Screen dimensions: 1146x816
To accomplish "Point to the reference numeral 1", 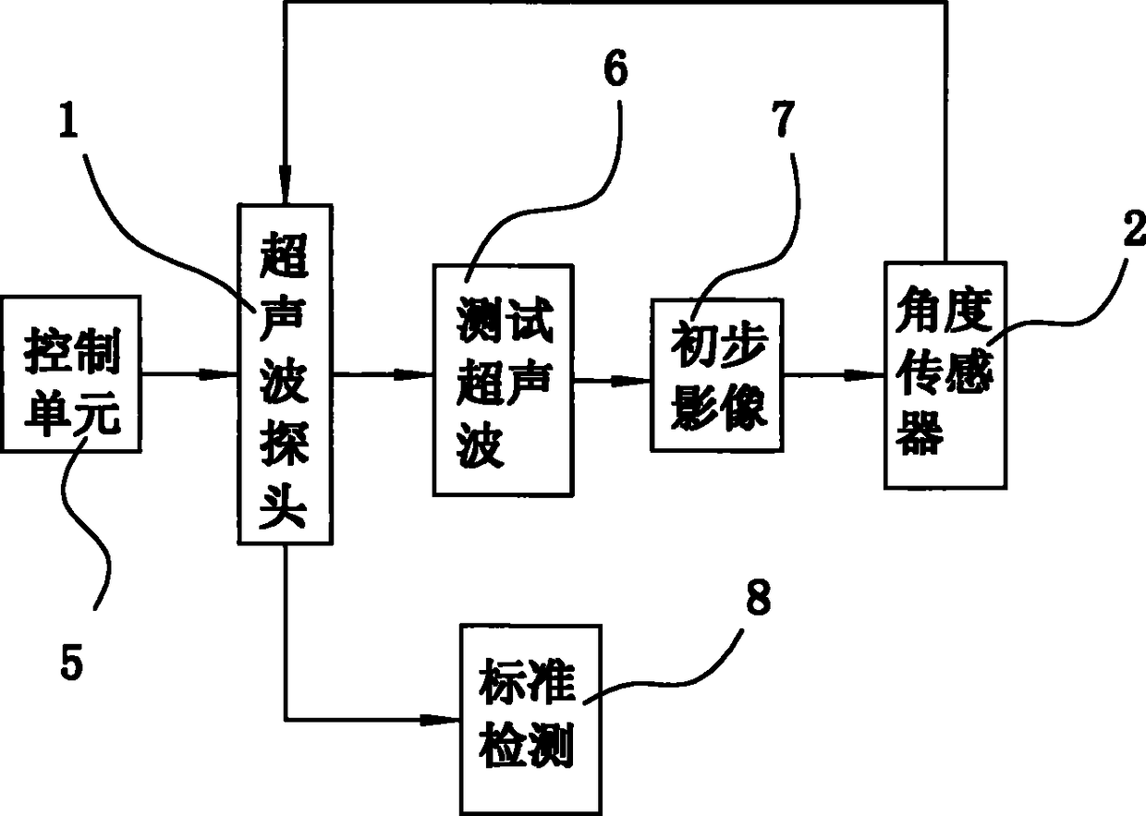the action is (68, 119).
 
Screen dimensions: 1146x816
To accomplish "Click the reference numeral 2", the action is (1134, 226).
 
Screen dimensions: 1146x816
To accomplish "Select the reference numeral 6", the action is (616, 68).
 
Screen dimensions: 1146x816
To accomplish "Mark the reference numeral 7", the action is (783, 118).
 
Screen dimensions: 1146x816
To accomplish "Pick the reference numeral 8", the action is (758, 598).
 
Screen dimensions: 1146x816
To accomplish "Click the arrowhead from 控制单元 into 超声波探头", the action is (218, 374).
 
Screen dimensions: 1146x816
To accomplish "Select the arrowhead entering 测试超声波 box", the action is (413, 374).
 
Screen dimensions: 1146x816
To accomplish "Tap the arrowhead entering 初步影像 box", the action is (631, 381).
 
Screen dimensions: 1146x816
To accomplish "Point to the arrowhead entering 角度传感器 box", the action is (865, 375).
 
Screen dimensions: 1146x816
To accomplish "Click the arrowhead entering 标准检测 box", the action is (440, 720).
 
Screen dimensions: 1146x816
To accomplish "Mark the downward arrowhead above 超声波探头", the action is (286, 184).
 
